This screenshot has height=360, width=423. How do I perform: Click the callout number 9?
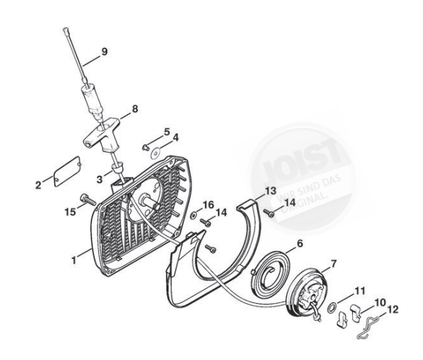pyautogui.click(x=105, y=51)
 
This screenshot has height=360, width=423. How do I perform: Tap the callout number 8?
pyautogui.click(x=135, y=110)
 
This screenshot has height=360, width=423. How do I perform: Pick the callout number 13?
pyautogui.click(x=271, y=191)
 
